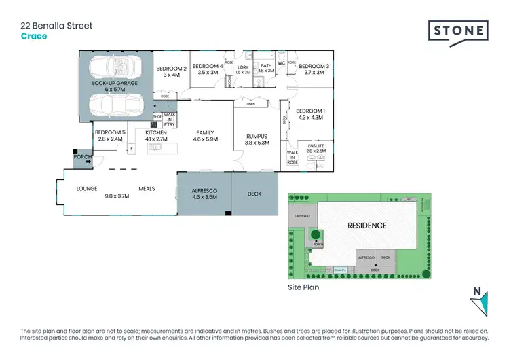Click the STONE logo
click(x=458, y=31)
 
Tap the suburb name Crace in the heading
click(x=33, y=36)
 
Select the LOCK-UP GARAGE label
click(x=115, y=82)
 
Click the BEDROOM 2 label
click(x=171, y=69)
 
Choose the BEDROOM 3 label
click(x=316, y=66)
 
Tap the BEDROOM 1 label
click(x=311, y=111)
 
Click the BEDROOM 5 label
click(x=111, y=132)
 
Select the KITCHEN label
click(x=155, y=132)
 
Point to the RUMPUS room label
click(x=257, y=137)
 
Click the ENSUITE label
click(x=316, y=145)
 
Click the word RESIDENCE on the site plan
click(x=367, y=226)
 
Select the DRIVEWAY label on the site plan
click(x=302, y=215)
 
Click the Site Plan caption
click(x=303, y=287)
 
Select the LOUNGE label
click(x=86, y=188)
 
